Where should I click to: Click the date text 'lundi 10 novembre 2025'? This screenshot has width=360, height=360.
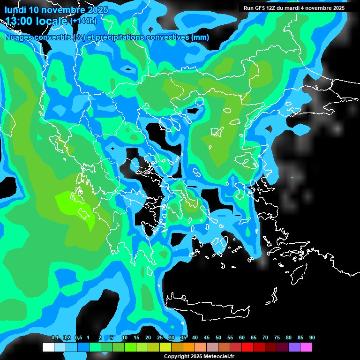56,10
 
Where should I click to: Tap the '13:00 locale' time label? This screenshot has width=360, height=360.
36,21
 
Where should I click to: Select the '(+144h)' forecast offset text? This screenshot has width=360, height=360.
83,21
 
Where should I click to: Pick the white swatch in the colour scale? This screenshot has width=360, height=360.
48,347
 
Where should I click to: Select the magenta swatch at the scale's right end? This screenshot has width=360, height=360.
306,347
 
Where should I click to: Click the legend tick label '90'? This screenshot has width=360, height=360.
312,337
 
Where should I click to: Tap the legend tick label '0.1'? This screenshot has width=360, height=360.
55,337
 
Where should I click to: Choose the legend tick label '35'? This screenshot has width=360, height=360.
183,337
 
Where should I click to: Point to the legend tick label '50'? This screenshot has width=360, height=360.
218,337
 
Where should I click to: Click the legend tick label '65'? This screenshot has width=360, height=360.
254,337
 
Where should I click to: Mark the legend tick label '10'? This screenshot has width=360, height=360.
124,337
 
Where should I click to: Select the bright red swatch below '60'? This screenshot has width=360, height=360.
247,347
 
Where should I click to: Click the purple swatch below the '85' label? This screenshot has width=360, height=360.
294,347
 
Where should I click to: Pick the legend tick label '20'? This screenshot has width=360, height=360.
148,337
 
